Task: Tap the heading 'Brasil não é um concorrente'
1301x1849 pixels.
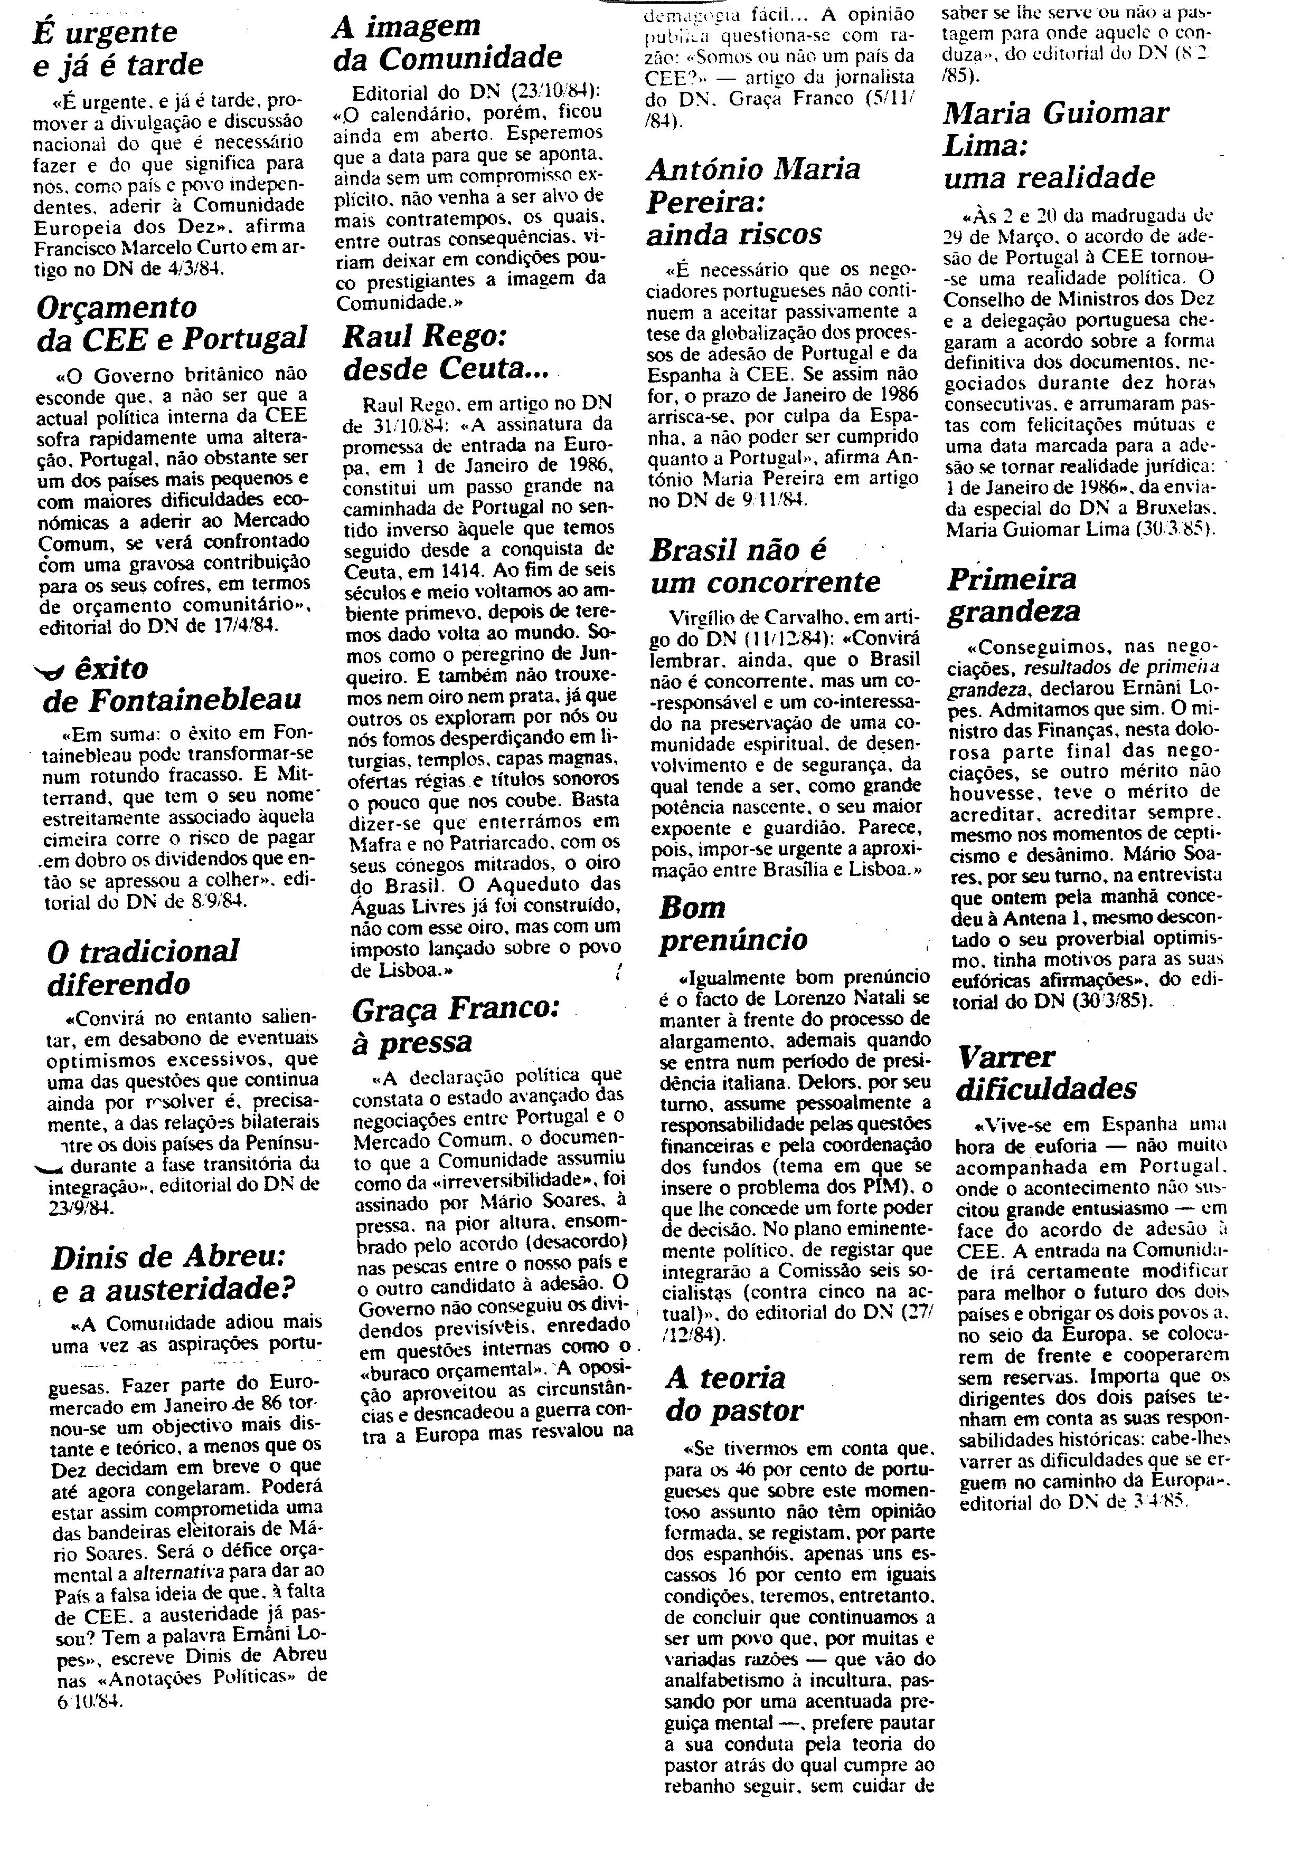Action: click(x=765, y=565)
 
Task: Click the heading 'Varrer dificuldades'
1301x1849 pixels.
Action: click(x=1045, y=1072)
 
